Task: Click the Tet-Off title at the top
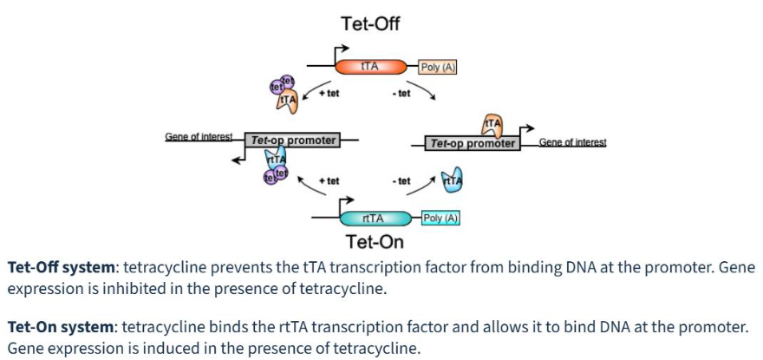(x=370, y=23)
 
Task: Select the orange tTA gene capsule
(x=370, y=67)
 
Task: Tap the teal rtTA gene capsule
(x=374, y=218)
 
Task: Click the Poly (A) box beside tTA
(x=438, y=67)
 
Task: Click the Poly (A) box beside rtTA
(x=440, y=218)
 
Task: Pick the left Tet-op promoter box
(x=293, y=140)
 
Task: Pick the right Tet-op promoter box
(x=473, y=143)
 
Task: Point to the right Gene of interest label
(x=572, y=142)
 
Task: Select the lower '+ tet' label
(x=329, y=181)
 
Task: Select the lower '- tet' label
(x=401, y=181)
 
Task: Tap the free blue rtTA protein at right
(x=452, y=180)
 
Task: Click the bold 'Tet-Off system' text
(x=59, y=267)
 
